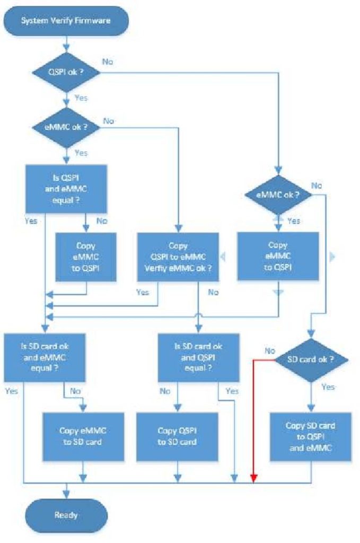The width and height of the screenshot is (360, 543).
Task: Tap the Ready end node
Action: point(67,515)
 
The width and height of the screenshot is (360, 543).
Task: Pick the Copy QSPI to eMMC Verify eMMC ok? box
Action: point(178,257)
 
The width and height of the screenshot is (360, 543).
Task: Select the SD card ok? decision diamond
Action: point(311,359)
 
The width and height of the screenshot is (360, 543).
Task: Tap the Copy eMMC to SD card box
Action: point(84,435)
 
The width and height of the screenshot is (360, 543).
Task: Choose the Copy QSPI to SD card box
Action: point(177,435)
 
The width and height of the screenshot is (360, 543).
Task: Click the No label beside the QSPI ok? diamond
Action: point(108,62)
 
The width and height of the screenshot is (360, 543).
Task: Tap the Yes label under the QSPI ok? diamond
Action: point(81,98)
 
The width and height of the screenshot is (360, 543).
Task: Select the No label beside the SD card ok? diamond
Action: point(270,351)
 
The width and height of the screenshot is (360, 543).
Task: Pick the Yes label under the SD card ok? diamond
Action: point(328,387)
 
